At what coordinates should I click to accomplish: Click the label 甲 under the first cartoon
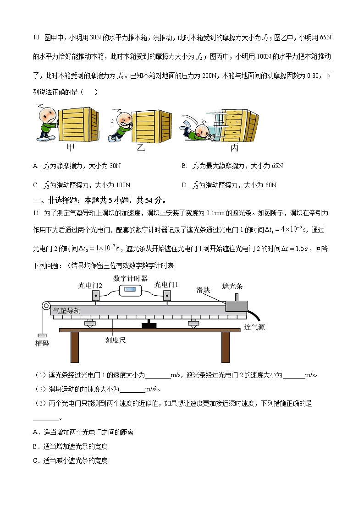tap(71, 148)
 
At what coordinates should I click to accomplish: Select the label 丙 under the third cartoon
tap(234, 148)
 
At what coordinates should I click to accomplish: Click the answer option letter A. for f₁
tap(36, 166)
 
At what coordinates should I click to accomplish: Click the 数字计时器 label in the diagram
tap(130, 278)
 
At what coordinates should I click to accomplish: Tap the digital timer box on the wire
tap(131, 290)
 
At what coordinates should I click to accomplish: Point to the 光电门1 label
tap(166, 285)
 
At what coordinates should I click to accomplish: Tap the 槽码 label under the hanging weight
tap(42, 343)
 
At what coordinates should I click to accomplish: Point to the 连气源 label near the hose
tap(254, 327)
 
